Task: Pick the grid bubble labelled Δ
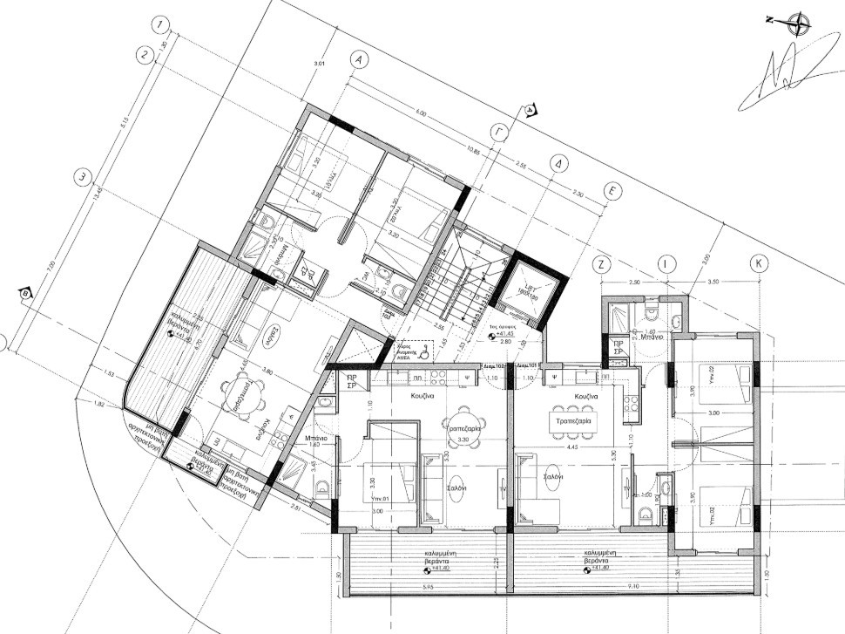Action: coord(560,164)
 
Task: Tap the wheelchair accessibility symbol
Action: coord(422,353)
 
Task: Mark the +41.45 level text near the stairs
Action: coord(507,336)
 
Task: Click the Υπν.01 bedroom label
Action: coord(376,500)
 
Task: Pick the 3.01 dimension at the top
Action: coord(319,64)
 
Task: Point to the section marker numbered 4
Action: coord(529,110)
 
